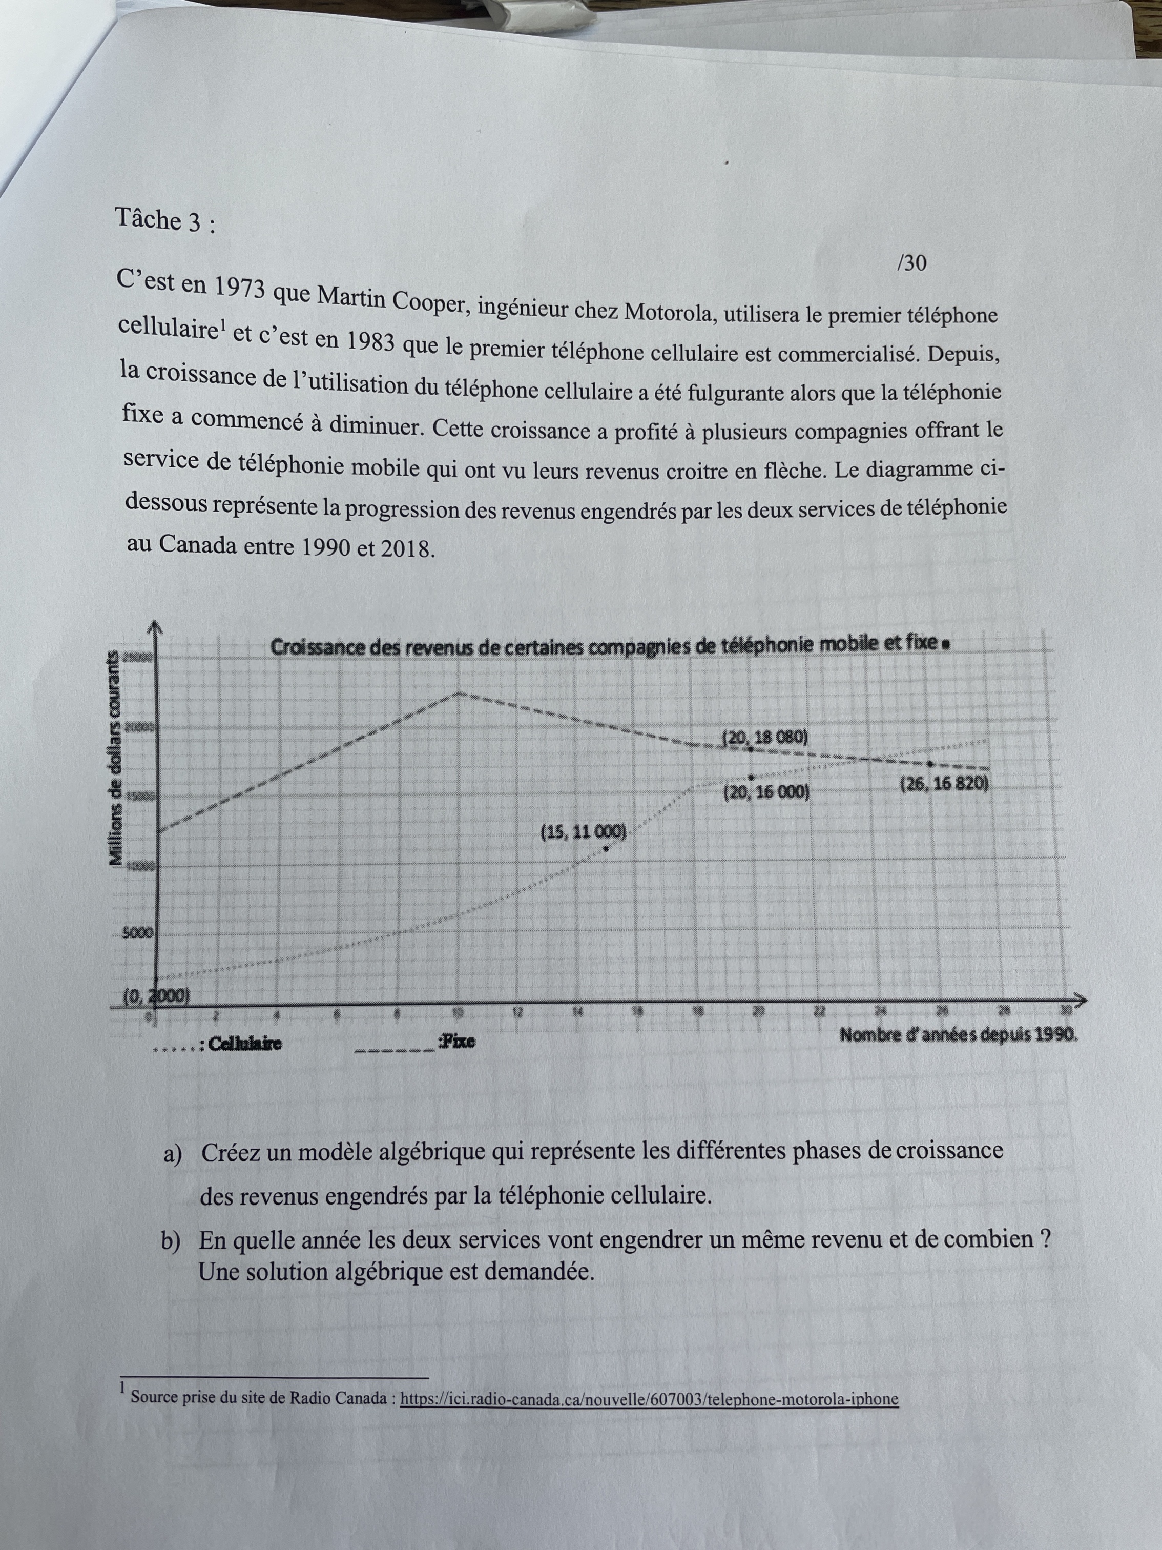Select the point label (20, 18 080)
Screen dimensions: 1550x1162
coord(765,737)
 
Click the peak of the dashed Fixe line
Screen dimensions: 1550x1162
coord(459,692)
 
